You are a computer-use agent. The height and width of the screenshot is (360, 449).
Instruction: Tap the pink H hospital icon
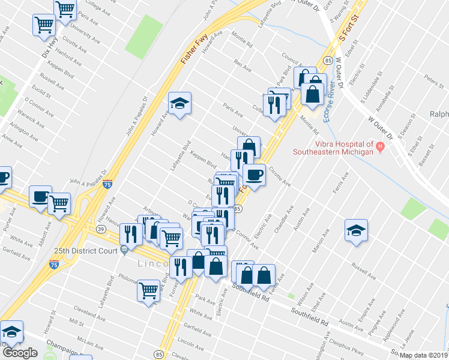click(379, 145)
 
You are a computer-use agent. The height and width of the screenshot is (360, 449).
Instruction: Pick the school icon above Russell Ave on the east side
click(356, 230)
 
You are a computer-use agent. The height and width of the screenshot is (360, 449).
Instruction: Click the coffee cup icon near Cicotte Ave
click(254, 175)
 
